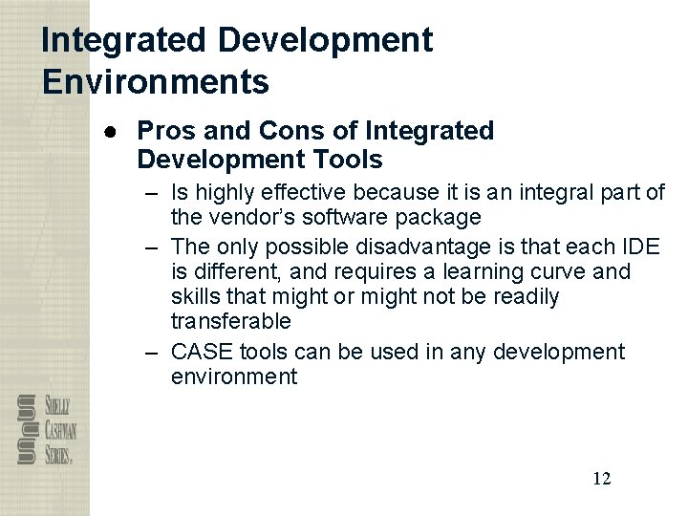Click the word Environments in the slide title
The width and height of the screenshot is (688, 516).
click(x=156, y=82)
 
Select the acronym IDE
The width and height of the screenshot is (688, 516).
click(x=639, y=247)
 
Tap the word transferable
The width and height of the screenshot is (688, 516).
click(x=230, y=321)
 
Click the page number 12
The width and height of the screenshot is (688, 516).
click(x=602, y=478)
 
